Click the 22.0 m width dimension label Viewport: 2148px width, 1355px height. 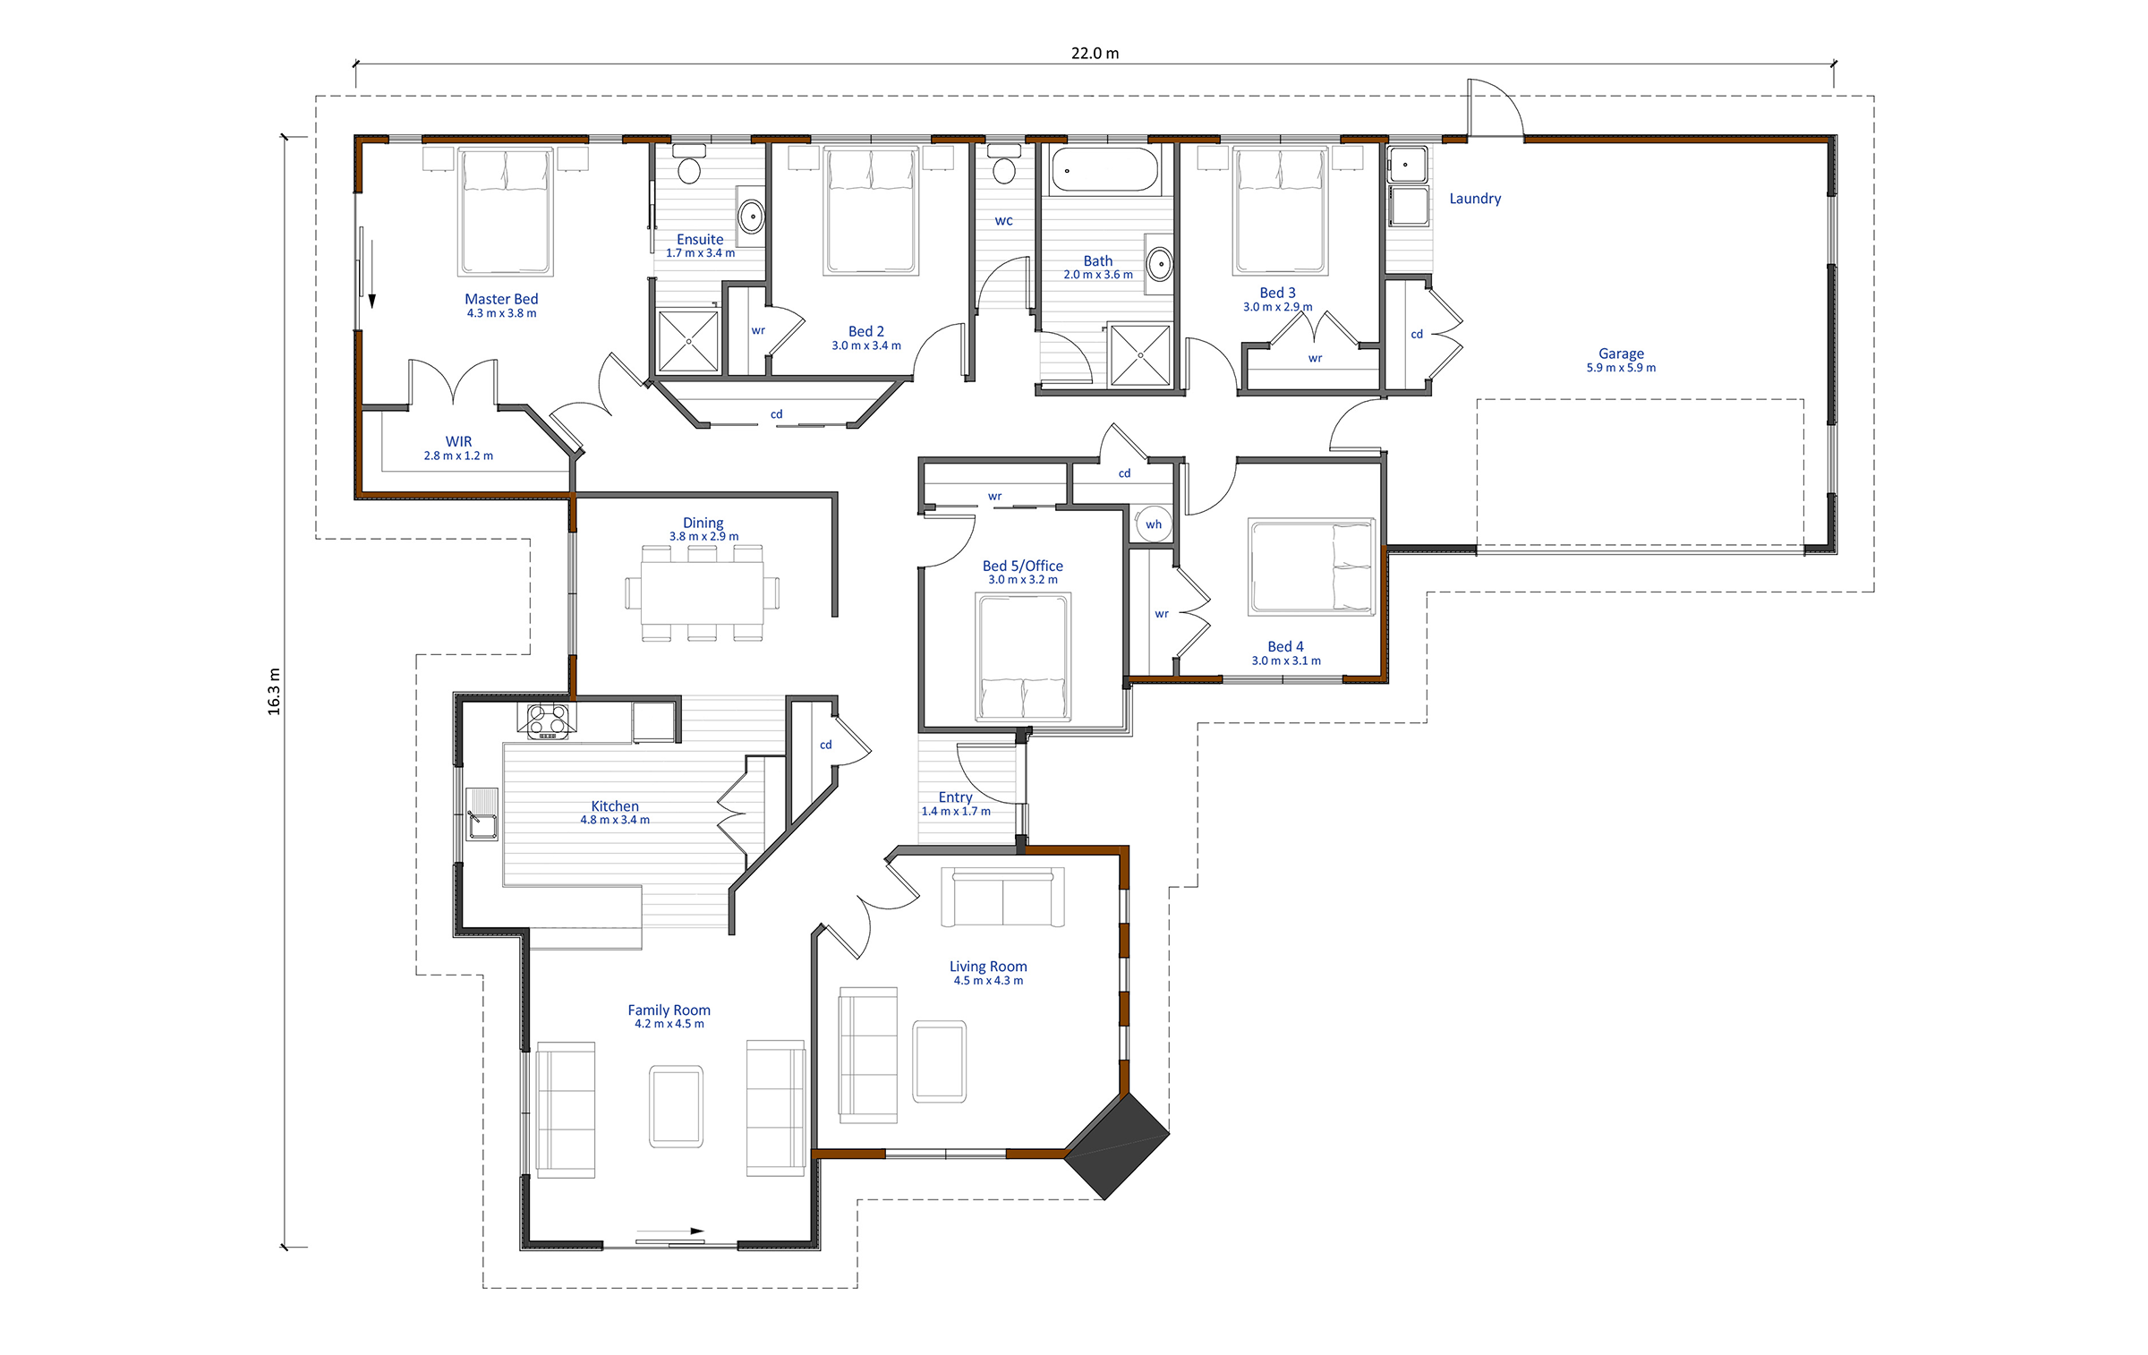(1095, 54)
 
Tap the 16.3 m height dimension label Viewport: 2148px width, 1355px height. (274, 691)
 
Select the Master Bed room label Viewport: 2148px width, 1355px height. (501, 300)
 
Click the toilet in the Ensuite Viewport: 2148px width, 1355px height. (688, 166)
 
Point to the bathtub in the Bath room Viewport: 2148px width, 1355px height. (1104, 170)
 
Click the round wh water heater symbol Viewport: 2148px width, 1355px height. (1154, 524)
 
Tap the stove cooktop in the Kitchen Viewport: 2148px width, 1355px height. (548, 720)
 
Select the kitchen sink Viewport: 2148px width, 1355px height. (482, 814)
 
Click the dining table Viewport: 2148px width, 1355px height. (702, 593)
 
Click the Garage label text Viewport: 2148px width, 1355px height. (1621, 354)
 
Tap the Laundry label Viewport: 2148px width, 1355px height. (1475, 199)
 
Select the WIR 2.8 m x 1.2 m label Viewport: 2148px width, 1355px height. (458, 448)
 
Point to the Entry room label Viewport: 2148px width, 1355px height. (955, 797)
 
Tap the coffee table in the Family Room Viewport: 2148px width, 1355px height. (676, 1106)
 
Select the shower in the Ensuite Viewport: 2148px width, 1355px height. (688, 341)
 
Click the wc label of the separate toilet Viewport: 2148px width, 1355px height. (1003, 221)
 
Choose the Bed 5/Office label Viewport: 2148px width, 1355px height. (1022, 567)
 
